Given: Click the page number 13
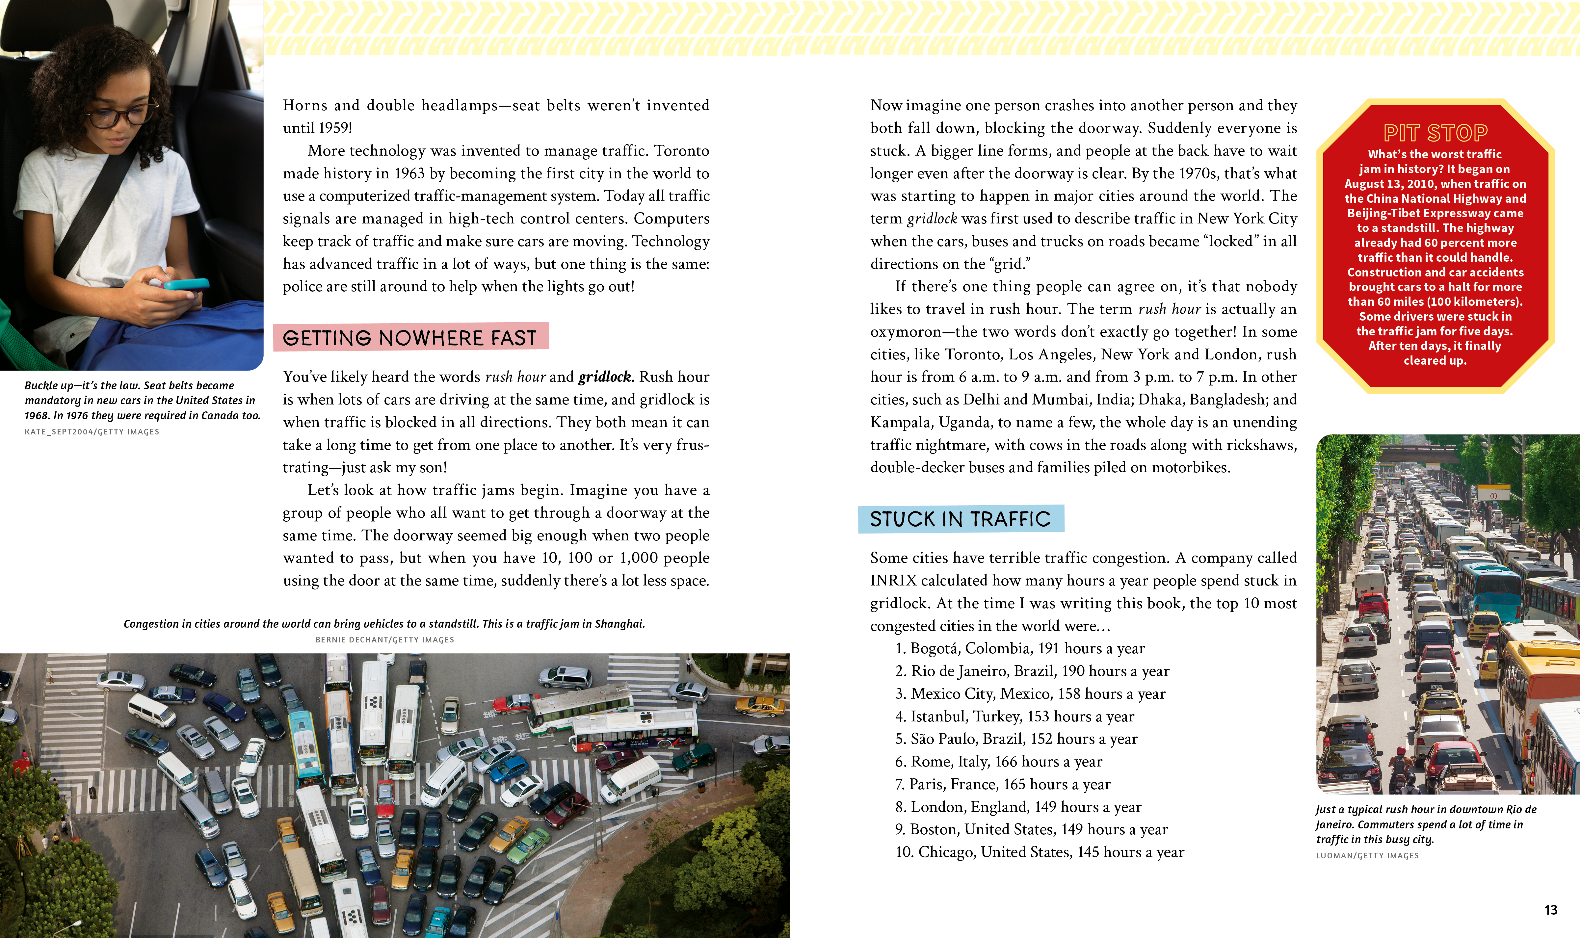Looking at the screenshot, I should point(1550,910).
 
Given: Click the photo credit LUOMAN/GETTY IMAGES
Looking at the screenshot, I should point(1367,856).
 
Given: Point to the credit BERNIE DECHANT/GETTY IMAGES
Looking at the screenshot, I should point(384,640).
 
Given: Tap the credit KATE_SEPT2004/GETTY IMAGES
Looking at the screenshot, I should point(92,432).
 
